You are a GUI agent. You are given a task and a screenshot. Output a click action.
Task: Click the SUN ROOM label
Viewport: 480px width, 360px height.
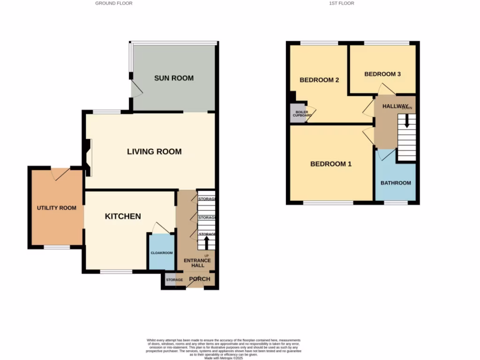[174, 78]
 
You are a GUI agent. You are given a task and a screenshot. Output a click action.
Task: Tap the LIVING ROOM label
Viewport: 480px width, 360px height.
[154, 152]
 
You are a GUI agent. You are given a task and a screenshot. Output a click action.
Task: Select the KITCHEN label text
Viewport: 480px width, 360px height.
[123, 216]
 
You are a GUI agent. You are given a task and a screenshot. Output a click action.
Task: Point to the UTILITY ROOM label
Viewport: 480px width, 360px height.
[57, 208]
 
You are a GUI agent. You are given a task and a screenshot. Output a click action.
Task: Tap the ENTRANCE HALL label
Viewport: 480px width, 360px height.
[197, 263]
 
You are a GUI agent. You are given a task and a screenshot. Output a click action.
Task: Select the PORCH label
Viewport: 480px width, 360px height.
[199, 279]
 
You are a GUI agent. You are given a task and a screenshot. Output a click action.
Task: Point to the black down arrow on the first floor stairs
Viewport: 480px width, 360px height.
[406, 120]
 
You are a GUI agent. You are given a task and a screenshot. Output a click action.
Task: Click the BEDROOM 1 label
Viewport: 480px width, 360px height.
[331, 164]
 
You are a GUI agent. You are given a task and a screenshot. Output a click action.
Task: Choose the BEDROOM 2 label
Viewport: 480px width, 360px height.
[319, 80]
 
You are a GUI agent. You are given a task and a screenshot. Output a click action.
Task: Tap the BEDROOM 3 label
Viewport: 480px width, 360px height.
[382, 74]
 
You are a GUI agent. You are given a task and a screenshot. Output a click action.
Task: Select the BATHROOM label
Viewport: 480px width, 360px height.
[396, 183]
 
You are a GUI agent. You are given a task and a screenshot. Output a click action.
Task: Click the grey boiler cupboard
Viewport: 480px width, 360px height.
[297, 114]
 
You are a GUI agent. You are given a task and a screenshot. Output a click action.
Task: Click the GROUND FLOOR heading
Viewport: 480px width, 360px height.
[114, 3]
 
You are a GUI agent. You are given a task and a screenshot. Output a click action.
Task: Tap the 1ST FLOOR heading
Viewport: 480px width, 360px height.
[341, 3]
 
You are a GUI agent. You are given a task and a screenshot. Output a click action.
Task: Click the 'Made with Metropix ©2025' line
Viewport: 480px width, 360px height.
[224, 358]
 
